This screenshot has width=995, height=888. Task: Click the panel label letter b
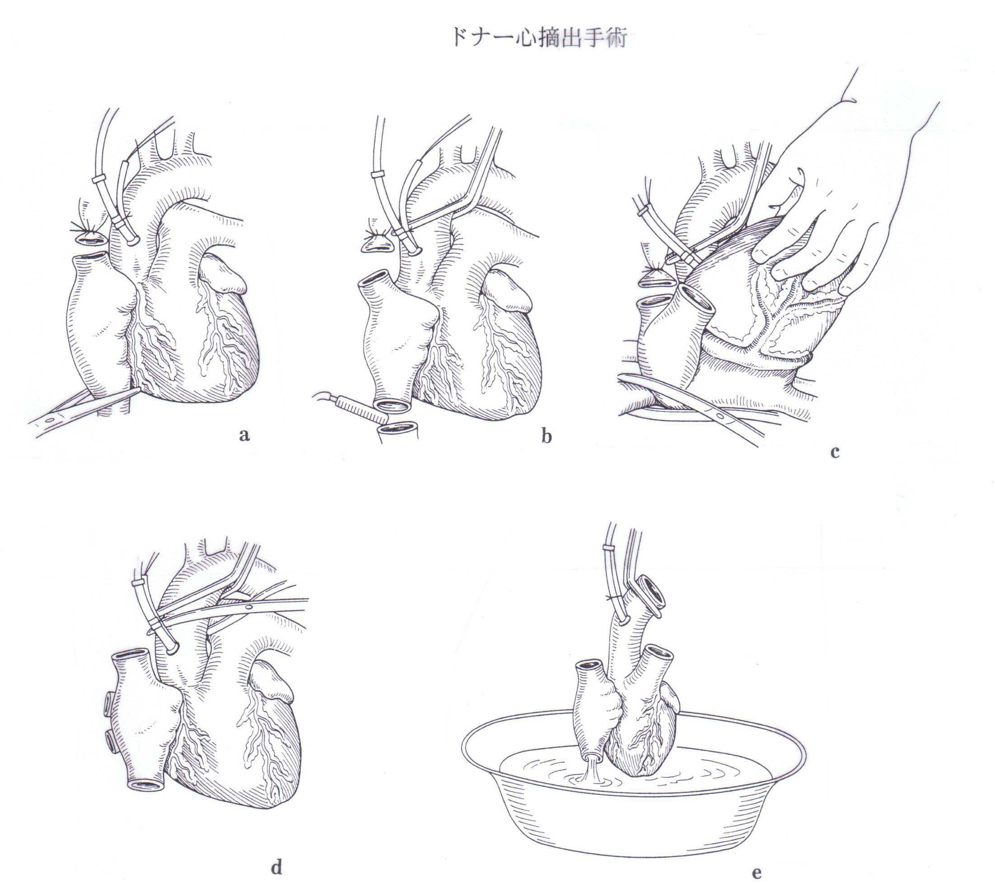point(547,436)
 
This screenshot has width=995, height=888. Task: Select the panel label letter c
point(835,452)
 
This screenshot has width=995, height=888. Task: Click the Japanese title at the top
point(539,37)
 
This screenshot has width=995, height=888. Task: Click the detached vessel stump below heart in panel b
point(397,432)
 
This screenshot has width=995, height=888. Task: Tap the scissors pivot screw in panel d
point(249,608)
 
